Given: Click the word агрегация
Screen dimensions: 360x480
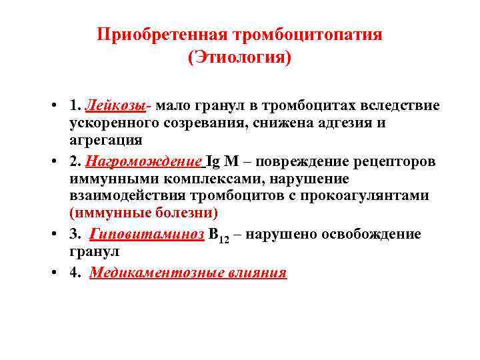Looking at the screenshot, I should click(x=105, y=140).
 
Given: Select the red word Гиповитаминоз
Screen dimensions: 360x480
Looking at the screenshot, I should click(x=147, y=235).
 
